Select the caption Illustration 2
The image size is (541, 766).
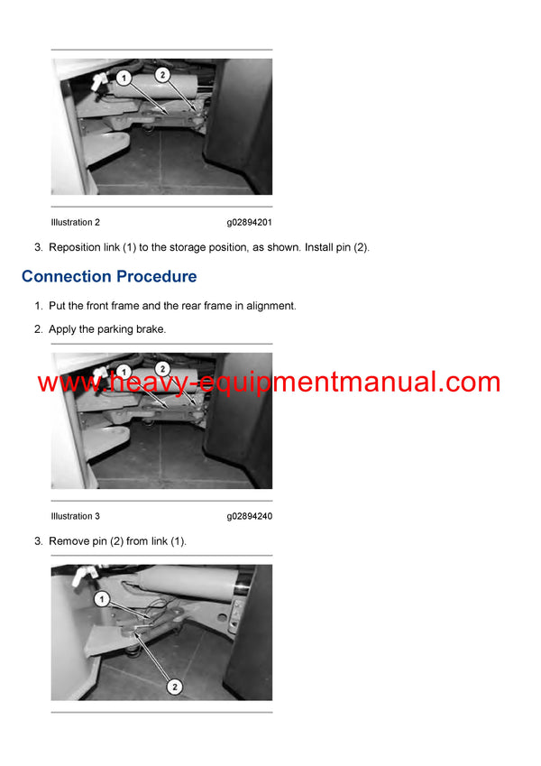tap(76, 222)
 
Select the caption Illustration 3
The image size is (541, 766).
tap(76, 516)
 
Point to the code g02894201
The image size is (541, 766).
tap(250, 222)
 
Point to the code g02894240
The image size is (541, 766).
tap(250, 516)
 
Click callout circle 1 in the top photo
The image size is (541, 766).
tap(124, 79)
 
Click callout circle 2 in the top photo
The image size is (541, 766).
tap(161, 75)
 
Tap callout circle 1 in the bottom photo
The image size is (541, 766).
tap(103, 598)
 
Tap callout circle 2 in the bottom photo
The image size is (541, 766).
tap(175, 687)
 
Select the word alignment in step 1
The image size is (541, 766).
tap(269, 306)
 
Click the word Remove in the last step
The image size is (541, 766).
tap(67, 541)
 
